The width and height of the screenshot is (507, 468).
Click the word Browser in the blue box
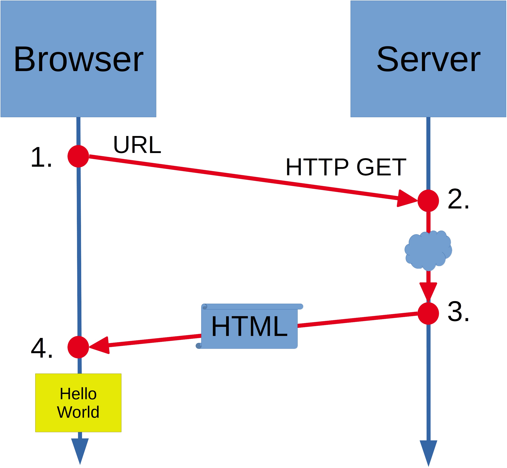[79, 60]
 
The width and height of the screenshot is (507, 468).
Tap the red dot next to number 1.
[78, 156]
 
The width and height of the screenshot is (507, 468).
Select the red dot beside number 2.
[428, 201]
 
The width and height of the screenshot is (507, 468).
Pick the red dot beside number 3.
[428, 314]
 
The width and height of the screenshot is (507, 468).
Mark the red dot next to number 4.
[78, 347]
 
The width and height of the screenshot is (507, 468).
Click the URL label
[137, 145]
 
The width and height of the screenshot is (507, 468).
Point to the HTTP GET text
[346, 167]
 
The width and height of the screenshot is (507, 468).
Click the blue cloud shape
[428, 251]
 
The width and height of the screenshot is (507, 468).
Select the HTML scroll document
[250, 327]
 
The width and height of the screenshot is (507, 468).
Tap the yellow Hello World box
[78, 403]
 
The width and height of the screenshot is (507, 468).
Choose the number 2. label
[458, 200]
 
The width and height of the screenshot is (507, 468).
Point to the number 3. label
[458, 312]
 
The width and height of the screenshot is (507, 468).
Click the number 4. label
[42, 348]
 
